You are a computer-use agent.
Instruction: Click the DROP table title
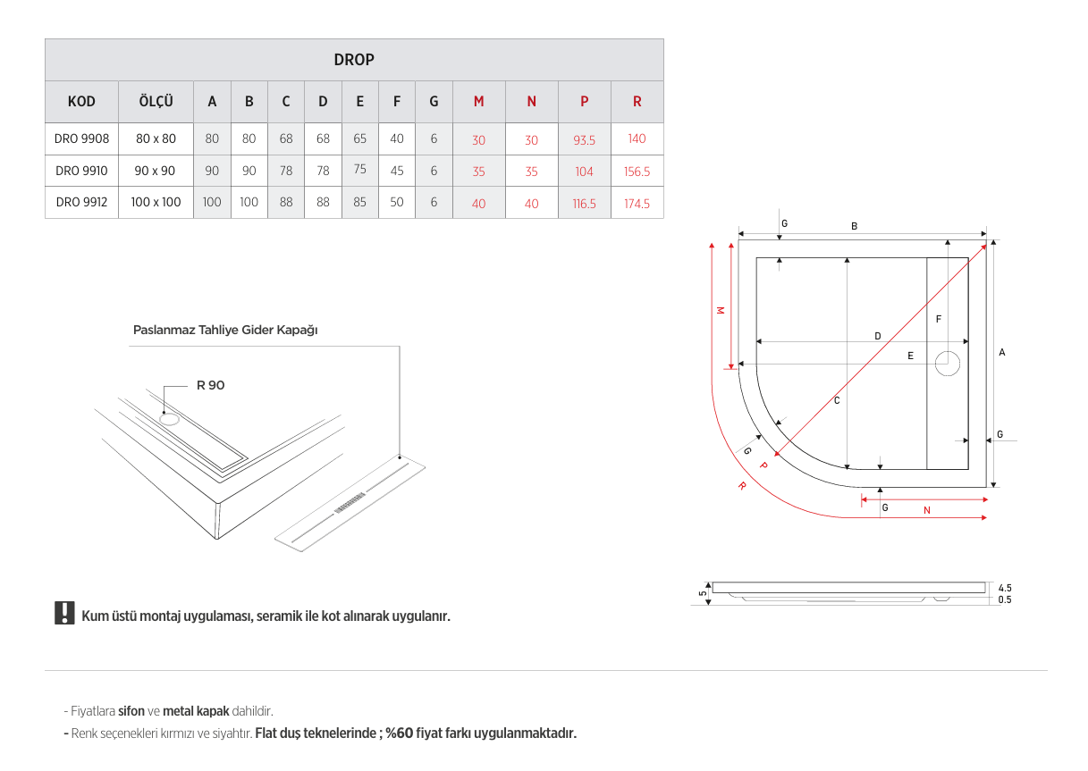point(354,60)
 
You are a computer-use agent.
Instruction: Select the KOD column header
point(81,102)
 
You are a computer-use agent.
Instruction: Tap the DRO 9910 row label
point(81,171)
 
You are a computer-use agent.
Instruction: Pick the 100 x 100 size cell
point(156,203)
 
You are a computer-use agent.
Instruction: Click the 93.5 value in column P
point(584,140)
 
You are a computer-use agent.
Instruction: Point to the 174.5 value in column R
point(637,204)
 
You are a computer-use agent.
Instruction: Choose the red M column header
point(478,102)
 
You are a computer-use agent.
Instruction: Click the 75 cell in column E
point(359,169)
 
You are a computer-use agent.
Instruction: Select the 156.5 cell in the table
point(637,172)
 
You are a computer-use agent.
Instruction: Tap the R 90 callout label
point(211,385)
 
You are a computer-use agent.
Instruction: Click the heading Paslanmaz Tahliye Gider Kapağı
point(225,330)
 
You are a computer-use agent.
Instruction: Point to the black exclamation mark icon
point(64,613)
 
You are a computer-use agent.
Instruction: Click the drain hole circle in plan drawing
point(948,364)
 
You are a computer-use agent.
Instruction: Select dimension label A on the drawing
point(1002,353)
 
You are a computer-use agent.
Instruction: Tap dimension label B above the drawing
point(854,227)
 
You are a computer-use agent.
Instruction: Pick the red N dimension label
point(927,510)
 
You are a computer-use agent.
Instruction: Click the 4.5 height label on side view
point(1005,588)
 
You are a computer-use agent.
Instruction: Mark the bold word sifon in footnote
point(131,711)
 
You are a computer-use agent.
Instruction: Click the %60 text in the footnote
point(399,733)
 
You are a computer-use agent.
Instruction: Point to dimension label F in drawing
point(938,319)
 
